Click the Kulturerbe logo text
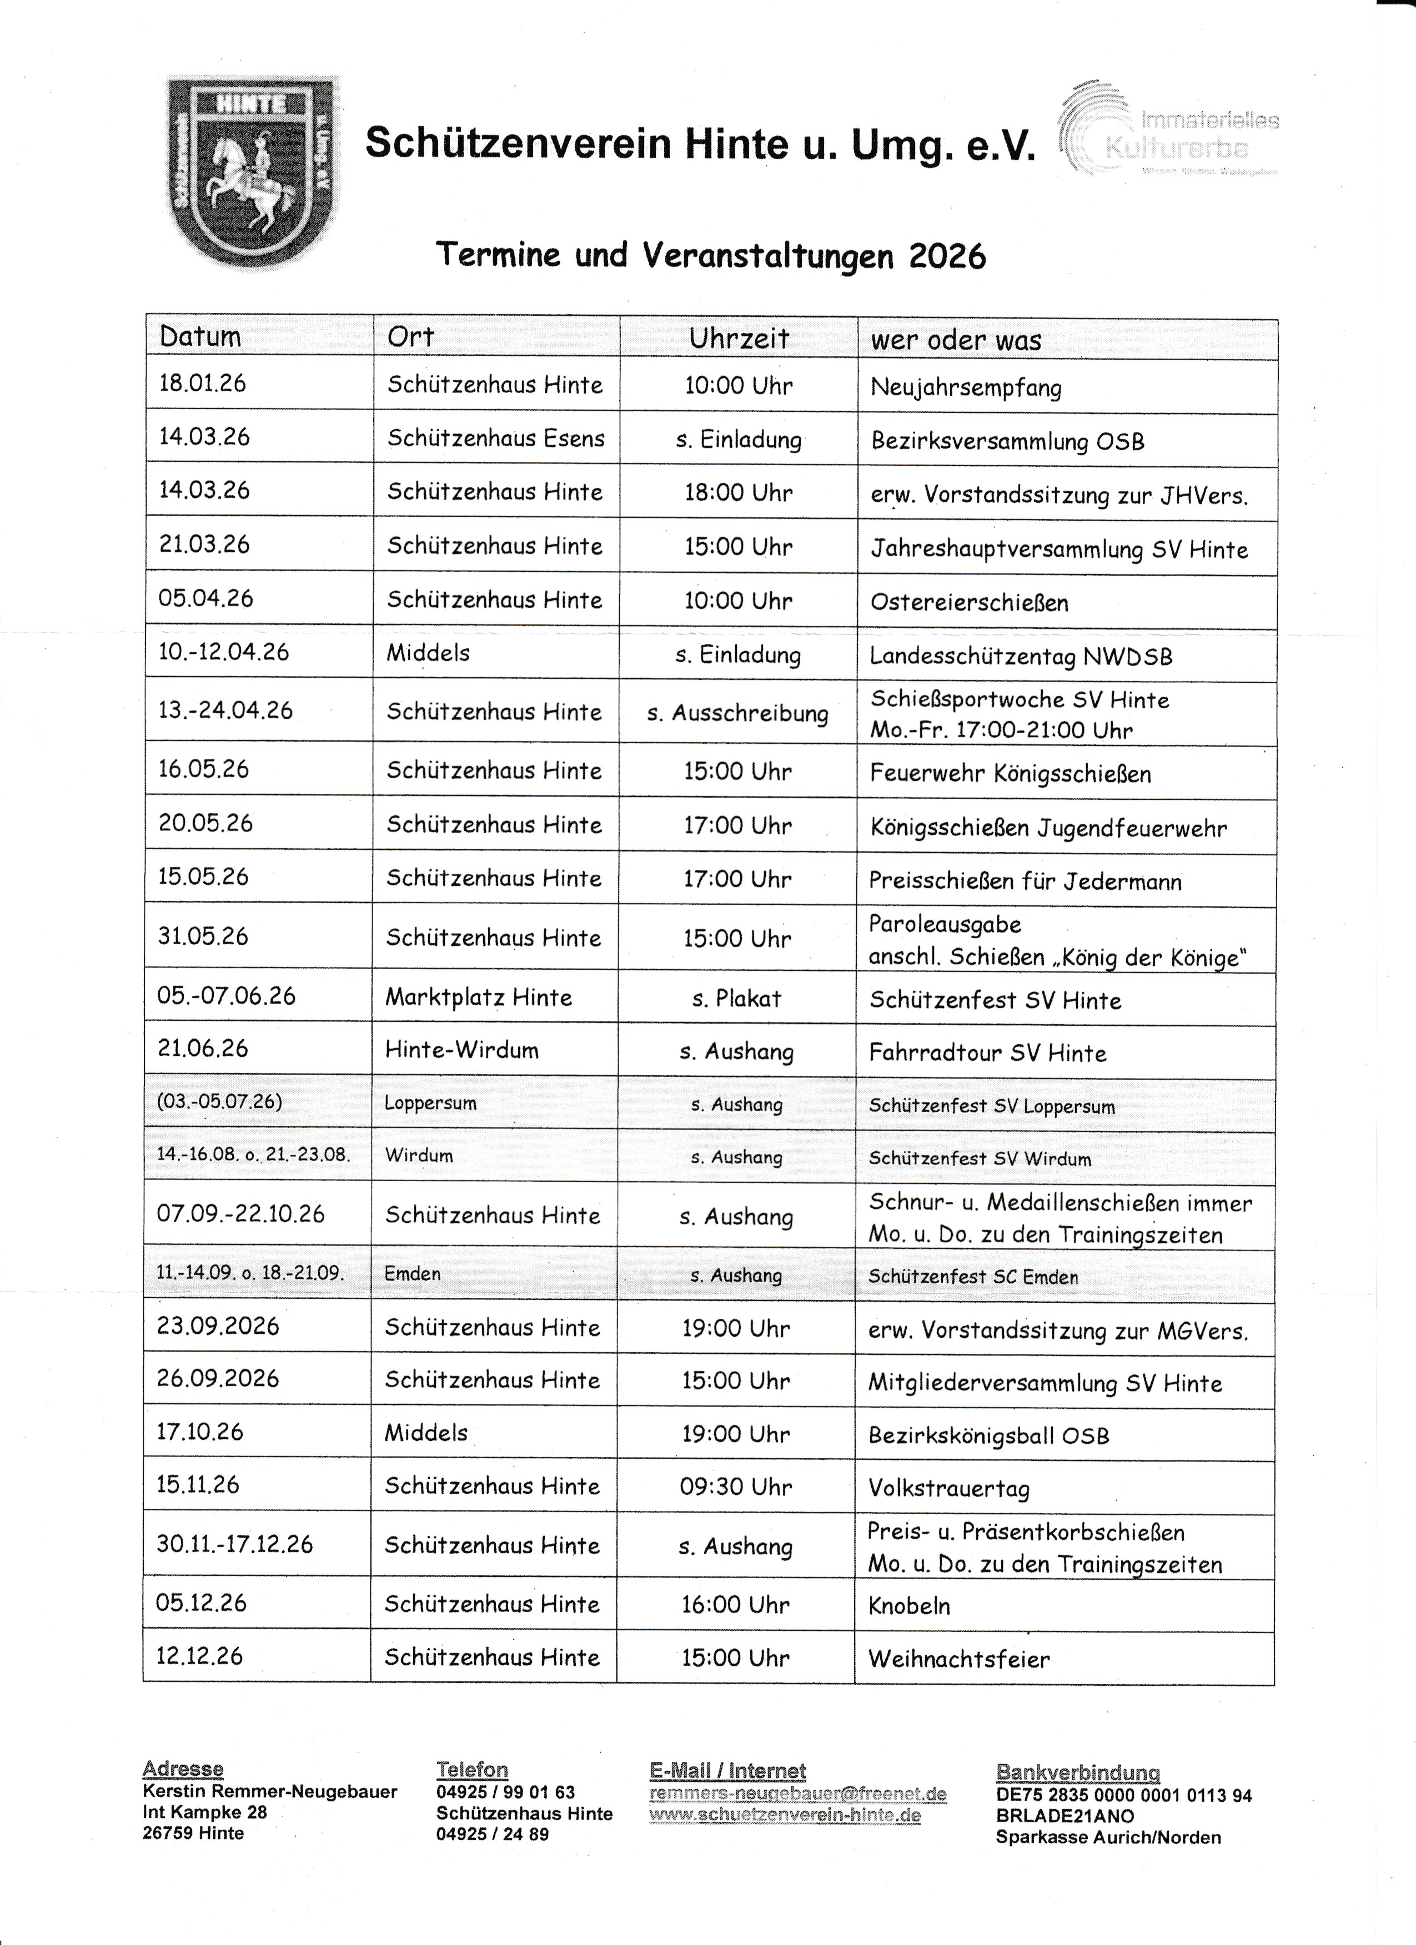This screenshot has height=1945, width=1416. (x=1177, y=148)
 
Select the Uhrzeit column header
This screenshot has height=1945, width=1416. (x=739, y=339)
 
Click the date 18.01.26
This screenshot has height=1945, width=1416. (x=203, y=384)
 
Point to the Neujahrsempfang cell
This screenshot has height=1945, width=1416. (x=966, y=387)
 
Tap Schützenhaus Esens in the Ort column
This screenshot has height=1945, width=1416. (x=496, y=438)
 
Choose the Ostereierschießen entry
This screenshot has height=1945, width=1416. (x=969, y=602)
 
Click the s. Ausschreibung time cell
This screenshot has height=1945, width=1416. (x=737, y=713)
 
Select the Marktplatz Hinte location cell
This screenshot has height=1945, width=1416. (x=479, y=997)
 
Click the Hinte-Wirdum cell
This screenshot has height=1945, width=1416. (x=461, y=1051)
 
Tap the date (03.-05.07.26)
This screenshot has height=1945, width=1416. (x=219, y=1102)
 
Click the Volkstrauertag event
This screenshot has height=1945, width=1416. (x=948, y=1489)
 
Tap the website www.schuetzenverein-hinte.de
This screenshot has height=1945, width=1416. (x=785, y=1816)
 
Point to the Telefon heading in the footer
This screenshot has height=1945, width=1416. (x=471, y=1769)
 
